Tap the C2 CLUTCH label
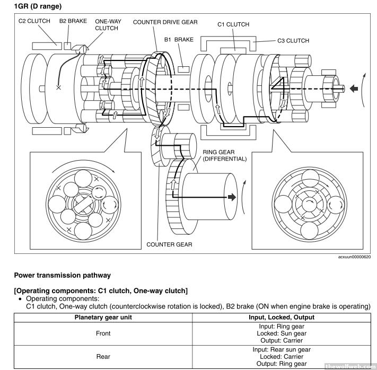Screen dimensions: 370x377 click(34, 21)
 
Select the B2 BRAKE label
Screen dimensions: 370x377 click(73, 21)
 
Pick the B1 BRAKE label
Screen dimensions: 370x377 click(179, 39)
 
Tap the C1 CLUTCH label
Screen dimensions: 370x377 click(233, 24)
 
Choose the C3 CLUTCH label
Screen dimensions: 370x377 click(293, 40)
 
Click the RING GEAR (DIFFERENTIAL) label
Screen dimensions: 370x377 click(225, 155)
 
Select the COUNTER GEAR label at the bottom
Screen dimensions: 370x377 click(169, 244)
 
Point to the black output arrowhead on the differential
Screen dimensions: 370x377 click(231, 197)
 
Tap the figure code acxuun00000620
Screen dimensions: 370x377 click(354, 257)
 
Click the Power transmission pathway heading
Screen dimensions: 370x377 click(63, 275)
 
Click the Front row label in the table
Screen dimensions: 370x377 click(103, 334)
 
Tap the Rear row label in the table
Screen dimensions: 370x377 click(103, 356)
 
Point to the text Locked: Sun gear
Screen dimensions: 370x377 click(282, 334)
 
